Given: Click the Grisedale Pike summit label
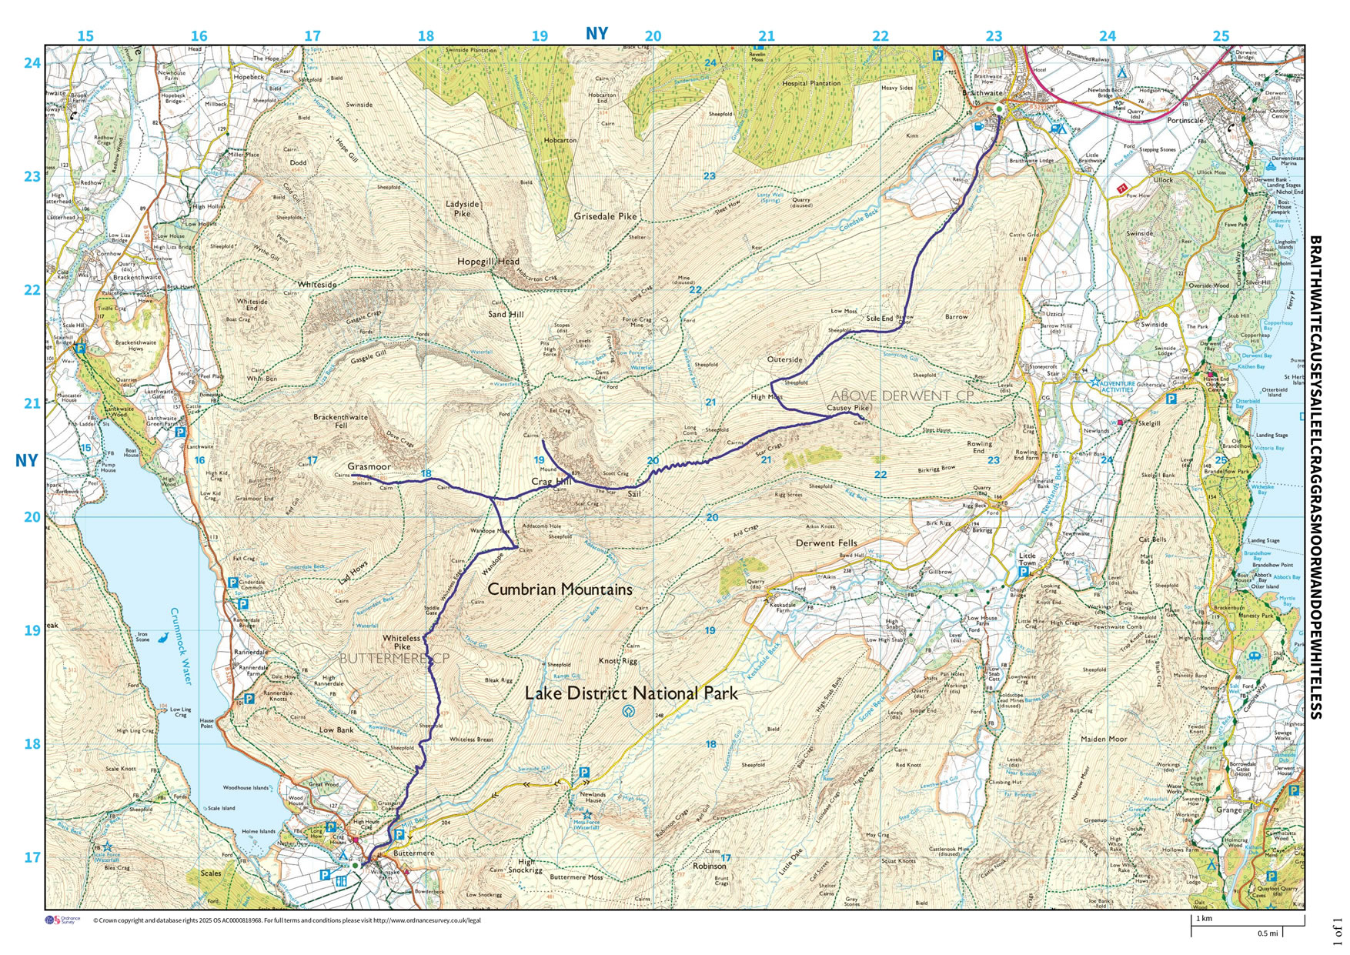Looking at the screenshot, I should point(605,216).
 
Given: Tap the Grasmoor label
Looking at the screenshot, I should point(369,466).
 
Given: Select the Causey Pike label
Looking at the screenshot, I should point(848,408).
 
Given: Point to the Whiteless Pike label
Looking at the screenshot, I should point(402,642).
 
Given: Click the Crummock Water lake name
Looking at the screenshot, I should point(181,646).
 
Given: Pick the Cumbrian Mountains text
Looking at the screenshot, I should point(560,589).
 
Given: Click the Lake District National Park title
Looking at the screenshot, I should point(631,693).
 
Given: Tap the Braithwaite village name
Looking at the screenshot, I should point(982,93).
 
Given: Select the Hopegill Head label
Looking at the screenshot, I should point(488,262).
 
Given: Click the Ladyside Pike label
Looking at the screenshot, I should point(462,209).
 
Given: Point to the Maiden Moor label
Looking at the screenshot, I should point(1104,739).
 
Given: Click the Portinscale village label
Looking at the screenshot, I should point(1185,121).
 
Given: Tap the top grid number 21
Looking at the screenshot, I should point(767,35).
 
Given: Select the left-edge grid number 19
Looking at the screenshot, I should point(32,630).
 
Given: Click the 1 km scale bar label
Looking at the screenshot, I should point(1204,918).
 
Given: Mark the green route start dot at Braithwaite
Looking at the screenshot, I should point(999,109).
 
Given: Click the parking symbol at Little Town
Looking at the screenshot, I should point(1024,573).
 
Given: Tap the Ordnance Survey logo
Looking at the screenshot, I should point(62,920).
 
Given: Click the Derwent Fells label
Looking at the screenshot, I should point(826,543).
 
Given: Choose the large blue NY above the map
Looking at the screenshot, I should point(596,33).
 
